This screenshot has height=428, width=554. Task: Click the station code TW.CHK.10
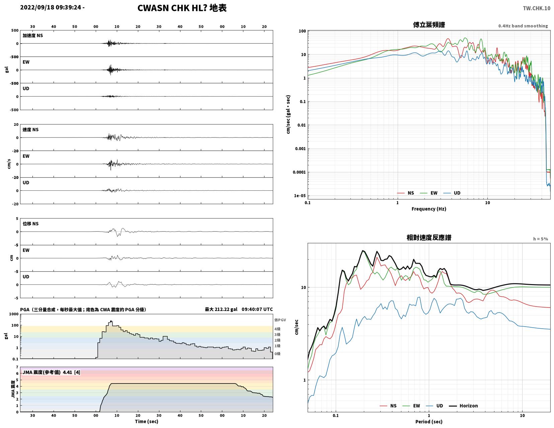point(536,8)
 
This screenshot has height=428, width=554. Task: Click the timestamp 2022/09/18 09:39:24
point(51,7)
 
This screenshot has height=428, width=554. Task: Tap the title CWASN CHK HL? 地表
point(182,8)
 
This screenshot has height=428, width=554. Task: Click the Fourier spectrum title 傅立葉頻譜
point(429,25)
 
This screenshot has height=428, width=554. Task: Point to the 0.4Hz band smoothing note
point(523,26)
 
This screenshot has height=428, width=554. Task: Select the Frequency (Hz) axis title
point(428,209)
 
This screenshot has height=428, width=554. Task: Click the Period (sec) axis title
point(428,422)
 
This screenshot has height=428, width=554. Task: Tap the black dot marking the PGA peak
point(111,322)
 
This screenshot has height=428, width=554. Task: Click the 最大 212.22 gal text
point(221,309)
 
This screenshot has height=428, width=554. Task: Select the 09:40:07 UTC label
point(257,309)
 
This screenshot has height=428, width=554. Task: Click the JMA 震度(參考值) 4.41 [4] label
point(51,372)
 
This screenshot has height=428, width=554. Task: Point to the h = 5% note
point(541,239)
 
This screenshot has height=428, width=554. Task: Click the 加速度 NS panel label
point(32,36)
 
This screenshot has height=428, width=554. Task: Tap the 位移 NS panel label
point(30,224)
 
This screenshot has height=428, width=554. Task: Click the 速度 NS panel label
point(30,130)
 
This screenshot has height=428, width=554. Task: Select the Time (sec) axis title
point(147,421)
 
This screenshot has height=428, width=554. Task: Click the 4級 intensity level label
point(278,329)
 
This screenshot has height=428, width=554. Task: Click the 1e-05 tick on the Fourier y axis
point(300,196)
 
